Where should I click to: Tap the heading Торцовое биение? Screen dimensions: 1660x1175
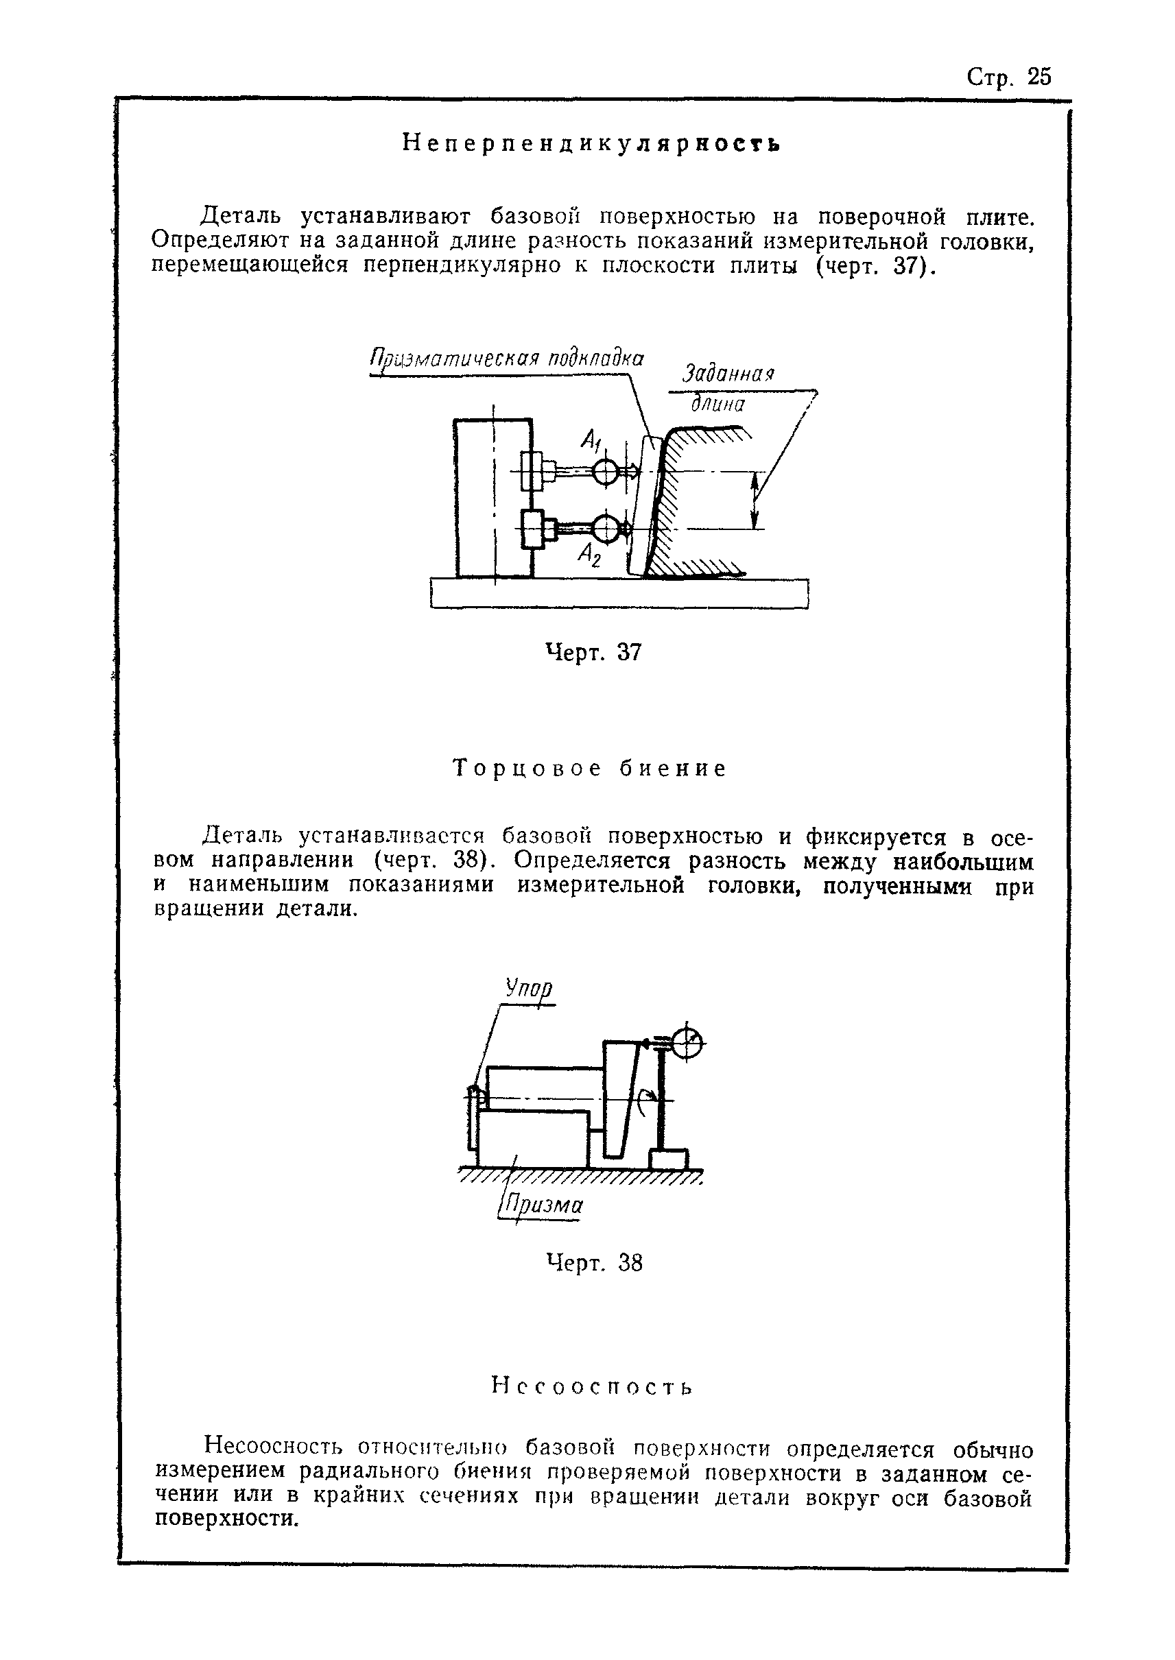[590, 768]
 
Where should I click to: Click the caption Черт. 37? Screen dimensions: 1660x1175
[593, 653]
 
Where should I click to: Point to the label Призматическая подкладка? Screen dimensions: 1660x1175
[506, 359]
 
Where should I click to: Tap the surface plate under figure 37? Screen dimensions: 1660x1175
[619, 593]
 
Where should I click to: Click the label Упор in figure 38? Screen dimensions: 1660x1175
[529, 989]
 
